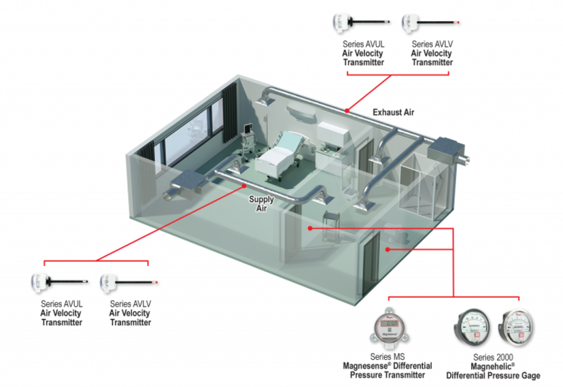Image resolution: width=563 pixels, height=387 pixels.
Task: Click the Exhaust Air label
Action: click(x=393, y=112)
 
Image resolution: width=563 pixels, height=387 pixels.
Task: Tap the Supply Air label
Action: click(x=261, y=203)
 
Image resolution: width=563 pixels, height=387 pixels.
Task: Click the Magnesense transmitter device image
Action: click(x=389, y=329)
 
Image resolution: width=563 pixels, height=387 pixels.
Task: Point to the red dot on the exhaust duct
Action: click(x=347, y=111)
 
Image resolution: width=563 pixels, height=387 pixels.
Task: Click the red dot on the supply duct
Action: click(x=244, y=186)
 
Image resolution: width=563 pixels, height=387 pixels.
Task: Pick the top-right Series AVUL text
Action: click(x=363, y=44)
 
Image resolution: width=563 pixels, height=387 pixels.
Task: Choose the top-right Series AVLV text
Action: click(x=432, y=44)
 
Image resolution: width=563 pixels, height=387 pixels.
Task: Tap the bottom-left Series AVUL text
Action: click(x=62, y=304)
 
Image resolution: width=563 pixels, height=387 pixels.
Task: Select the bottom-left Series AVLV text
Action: click(x=131, y=304)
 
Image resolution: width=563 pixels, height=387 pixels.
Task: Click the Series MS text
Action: click(x=388, y=357)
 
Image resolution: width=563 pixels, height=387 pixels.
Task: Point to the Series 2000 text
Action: click(x=493, y=357)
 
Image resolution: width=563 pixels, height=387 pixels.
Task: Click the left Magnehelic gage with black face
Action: click(x=472, y=327)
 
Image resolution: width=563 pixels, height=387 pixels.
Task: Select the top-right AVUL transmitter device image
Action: click(x=361, y=23)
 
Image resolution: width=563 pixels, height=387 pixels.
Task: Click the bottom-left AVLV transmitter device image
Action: click(x=129, y=283)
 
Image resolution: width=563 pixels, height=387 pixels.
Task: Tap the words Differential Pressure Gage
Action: click(x=493, y=375)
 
